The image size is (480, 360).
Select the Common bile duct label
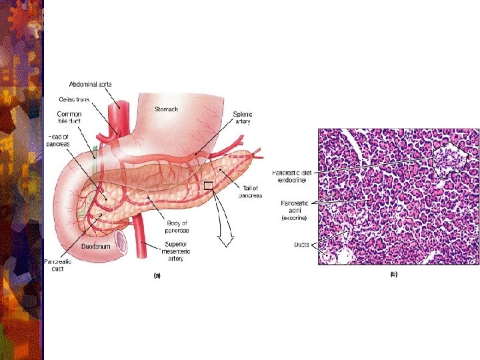click(69, 119)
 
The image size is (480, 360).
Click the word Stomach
click(166, 109)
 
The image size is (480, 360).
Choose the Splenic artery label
click(243, 119)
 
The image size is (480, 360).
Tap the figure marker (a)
click(157, 275)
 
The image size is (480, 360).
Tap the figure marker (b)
click(393, 275)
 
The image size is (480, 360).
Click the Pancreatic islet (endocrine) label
click(289, 177)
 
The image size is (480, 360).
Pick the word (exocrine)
click(294, 218)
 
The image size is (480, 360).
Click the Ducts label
click(301, 245)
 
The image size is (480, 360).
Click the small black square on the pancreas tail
click(208, 186)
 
